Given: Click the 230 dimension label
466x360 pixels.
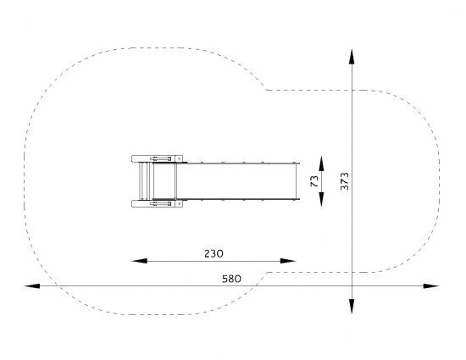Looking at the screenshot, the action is [x=214, y=253].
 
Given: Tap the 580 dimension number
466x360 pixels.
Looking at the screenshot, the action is [x=231, y=279].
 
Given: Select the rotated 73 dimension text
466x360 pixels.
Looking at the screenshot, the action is [x=314, y=181].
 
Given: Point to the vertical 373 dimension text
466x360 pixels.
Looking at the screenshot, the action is [x=345, y=181].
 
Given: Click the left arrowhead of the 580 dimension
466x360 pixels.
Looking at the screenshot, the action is [x=32, y=286].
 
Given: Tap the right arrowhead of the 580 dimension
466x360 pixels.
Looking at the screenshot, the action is [x=431, y=286].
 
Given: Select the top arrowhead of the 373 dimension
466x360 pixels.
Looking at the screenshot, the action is [x=352, y=57].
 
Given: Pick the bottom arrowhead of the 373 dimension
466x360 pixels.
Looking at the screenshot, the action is [x=352, y=307].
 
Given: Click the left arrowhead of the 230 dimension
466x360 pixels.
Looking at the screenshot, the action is [x=139, y=261].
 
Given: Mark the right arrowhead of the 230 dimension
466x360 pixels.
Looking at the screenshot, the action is [x=288, y=261].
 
